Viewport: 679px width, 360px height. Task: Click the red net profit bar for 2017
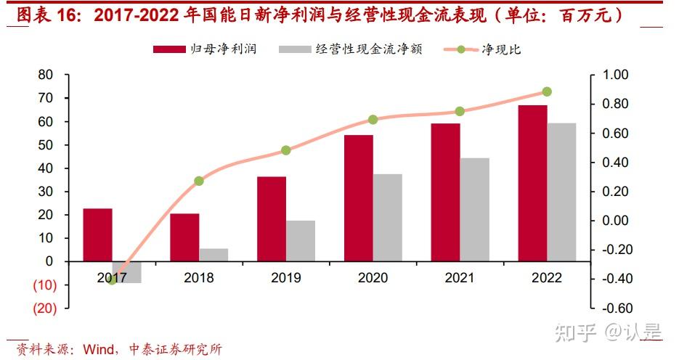click(x=97, y=234)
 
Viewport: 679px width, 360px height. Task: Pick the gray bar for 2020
click(x=387, y=217)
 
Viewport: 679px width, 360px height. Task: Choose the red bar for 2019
click(x=272, y=218)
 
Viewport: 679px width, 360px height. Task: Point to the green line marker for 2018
click(x=199, y=181)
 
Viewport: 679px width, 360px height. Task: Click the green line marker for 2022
click(x=547, y=92)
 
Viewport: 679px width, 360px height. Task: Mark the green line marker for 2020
click(x=373, y=120)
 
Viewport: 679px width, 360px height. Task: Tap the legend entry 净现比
click(x=501, y=49)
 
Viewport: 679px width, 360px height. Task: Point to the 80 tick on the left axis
click(x=46, y=75)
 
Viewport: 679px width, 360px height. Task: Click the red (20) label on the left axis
click(x=45, y=308)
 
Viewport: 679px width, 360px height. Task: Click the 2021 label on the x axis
click(x=460, y=278)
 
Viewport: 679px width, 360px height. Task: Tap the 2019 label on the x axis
click(x=285, y=278)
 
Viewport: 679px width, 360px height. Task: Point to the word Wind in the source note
click(x=97, y=349)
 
